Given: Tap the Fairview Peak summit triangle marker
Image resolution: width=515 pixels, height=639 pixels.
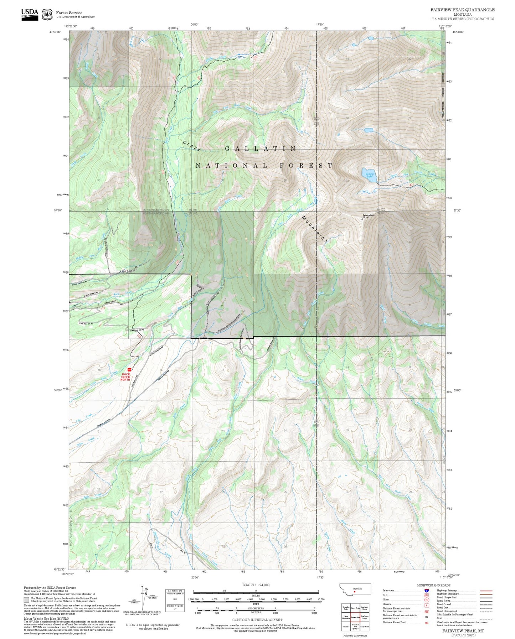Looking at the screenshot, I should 362,219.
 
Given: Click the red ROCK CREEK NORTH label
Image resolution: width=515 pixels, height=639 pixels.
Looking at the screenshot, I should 125,377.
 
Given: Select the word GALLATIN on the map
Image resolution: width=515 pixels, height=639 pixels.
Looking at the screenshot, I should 260,149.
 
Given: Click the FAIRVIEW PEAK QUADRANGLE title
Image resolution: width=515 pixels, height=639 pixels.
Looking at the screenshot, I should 462,10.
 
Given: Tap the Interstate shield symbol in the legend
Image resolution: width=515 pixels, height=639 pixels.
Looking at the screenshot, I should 426,591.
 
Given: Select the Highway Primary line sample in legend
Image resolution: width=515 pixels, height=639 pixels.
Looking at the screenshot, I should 486,591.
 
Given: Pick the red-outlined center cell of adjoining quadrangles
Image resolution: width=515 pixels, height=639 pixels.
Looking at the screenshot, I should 355,617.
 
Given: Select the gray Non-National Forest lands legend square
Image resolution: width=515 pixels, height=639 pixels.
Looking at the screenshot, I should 26,599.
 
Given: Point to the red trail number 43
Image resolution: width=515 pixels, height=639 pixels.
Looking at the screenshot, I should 411,185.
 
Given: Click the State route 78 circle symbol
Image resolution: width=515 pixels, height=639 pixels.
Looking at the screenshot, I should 426,599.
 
